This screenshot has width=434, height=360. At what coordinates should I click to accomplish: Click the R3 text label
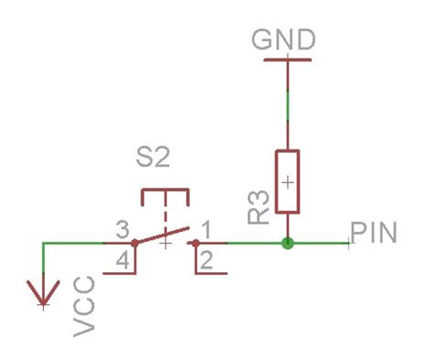(257, 210)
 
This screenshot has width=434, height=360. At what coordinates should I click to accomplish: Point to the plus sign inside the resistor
(288, 181)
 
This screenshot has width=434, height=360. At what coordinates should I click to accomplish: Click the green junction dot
(288, 244)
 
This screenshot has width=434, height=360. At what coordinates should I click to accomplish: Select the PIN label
(375, 232)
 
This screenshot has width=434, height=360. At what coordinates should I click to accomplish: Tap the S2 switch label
(153, 159)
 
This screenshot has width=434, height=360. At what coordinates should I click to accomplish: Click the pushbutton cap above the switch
(165, 195)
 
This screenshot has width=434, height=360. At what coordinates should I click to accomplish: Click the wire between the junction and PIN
(320, 244)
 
